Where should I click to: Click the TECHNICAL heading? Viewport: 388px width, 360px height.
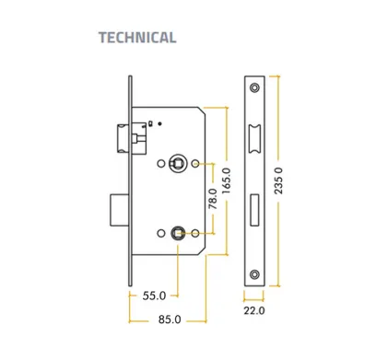[137, 38]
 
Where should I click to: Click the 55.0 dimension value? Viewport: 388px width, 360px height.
[154, 296]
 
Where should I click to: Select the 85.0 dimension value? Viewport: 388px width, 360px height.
[170, 319]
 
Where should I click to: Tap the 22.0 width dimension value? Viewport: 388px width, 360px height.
[254, 310]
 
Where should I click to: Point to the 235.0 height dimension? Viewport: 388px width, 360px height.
[278, 180]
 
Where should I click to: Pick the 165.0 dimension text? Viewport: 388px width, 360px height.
[226, 180]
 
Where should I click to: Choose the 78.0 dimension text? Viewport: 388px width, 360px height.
[213, 199]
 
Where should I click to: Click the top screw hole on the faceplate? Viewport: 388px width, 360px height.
[254, 87]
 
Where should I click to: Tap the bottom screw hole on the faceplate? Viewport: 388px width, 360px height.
[254, 274]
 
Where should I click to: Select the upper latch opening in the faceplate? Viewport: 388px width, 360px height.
[254, 139]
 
